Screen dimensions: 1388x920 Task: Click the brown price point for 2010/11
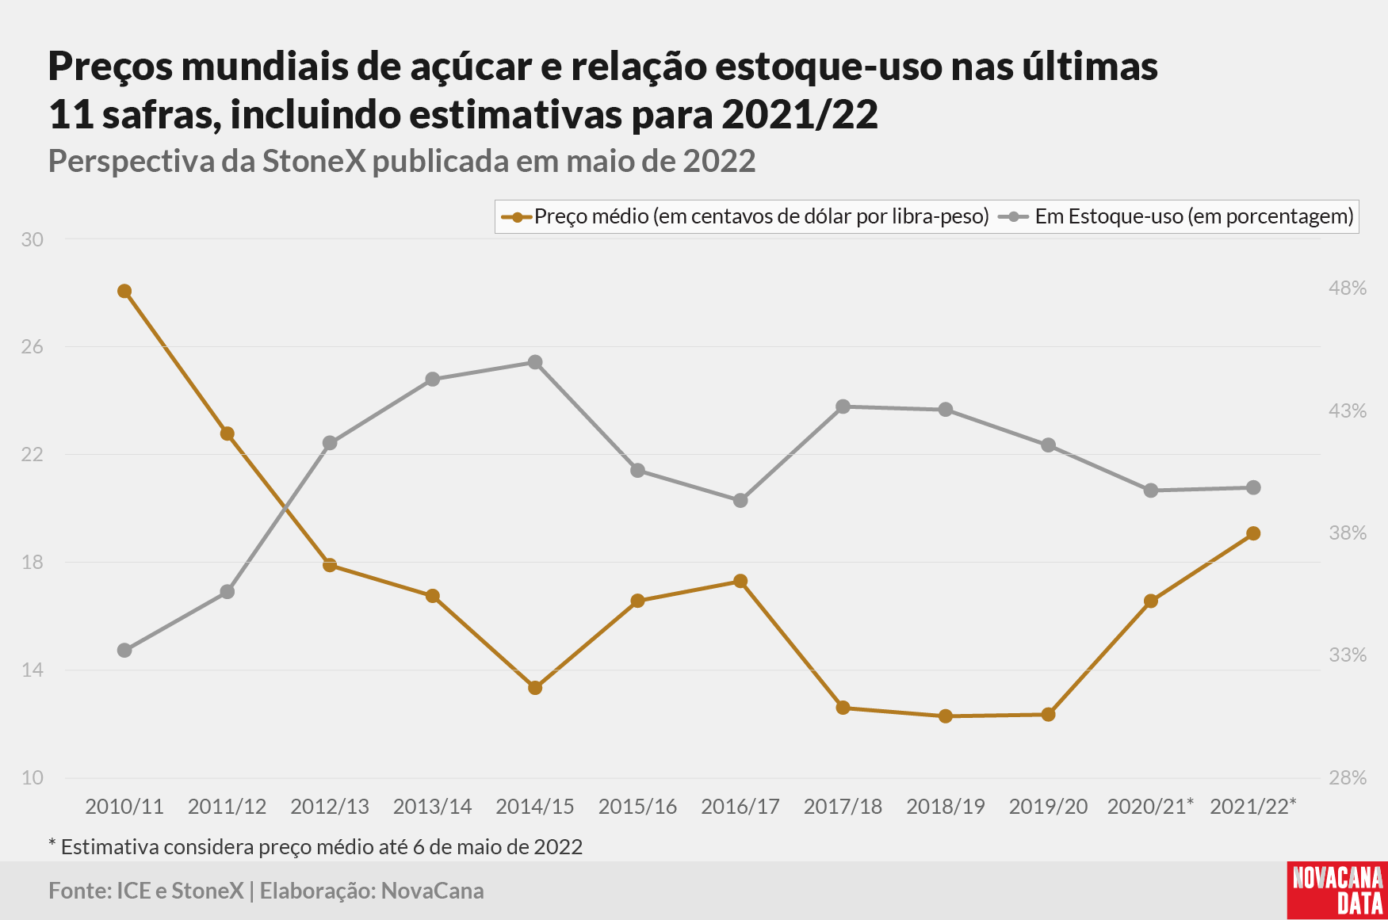(124, 292)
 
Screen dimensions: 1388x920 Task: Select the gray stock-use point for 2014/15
(535, 362)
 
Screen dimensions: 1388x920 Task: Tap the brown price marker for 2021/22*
(1253, 534)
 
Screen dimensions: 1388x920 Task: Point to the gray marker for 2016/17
(740, 501)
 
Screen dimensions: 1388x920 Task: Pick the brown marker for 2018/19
(946, 716)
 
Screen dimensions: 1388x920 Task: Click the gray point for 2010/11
(124, 651)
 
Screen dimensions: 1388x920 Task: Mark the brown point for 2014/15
(535, 688)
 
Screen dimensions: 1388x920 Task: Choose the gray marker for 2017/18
(843, 407)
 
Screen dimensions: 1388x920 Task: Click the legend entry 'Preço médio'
(745, 216)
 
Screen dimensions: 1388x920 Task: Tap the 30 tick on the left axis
(33, 239)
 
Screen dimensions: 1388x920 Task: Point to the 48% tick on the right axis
(1348, 288)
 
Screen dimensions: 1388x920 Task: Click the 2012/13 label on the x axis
(330, 807)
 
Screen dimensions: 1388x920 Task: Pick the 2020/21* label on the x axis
(1150, 807)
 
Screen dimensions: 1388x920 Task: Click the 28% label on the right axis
(1348, 778)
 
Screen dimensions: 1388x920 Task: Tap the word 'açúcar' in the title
(471, 68)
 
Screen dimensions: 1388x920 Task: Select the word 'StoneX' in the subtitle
(314, 162)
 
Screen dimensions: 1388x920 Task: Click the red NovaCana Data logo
(1337, 891)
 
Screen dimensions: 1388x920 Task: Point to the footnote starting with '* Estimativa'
(315, 847)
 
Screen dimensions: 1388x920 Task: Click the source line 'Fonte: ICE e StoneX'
(146, 891)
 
